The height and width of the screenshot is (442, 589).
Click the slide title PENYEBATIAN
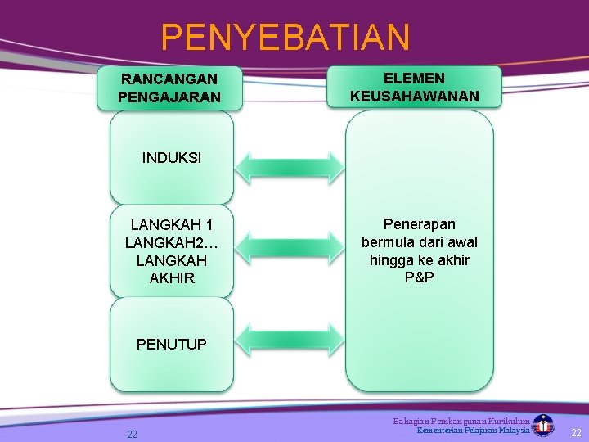285,37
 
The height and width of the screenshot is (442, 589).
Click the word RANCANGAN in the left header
169,79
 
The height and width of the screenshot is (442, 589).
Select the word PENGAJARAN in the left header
169,97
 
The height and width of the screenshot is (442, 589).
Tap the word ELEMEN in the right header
414,79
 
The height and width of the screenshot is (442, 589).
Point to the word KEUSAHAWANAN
414,97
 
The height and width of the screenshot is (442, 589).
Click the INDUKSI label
171,158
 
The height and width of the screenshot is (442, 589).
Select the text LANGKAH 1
172,224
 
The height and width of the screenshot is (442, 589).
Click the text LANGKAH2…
172,242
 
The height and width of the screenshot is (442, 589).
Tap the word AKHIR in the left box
172,278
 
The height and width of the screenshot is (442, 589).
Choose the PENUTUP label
172,345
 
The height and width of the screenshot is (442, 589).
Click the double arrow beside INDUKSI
290,166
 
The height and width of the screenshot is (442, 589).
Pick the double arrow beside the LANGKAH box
290,243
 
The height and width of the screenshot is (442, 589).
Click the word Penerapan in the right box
420,224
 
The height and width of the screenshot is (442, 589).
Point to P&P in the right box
420,278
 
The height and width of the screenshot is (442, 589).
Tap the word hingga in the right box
389,260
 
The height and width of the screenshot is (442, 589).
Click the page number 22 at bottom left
132,435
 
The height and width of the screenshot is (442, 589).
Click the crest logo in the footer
543,426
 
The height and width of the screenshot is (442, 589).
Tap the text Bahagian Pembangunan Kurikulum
461,421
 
